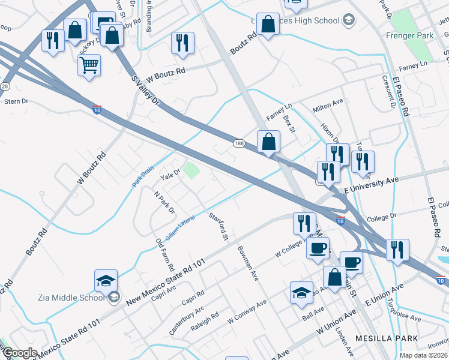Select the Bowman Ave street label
click(247, 264)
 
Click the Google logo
click(20, 353)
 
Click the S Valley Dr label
click(146, 90)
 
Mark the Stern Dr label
click(16, 102)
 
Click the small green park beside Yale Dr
click(191, 170)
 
